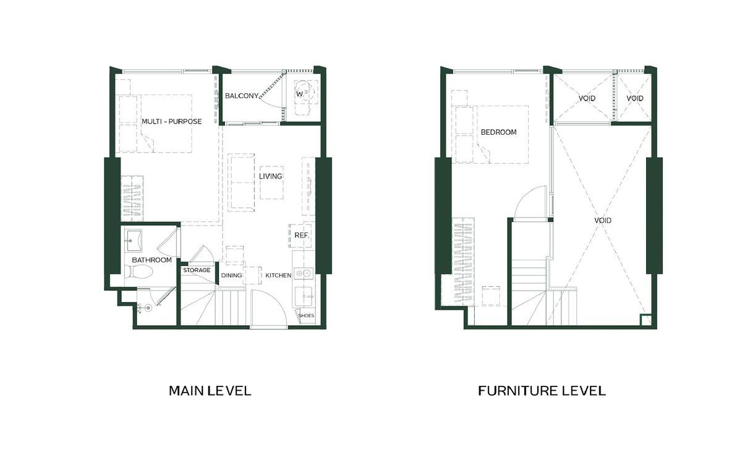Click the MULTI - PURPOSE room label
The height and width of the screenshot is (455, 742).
[172, 122]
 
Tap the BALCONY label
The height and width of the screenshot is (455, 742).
[242, 96]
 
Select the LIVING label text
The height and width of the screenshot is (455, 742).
[271, 176]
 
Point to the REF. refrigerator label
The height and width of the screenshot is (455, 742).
[302, 236]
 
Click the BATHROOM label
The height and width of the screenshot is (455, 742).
[151, 260]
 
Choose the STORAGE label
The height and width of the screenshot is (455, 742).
[197, 270]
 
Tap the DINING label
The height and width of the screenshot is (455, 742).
[231, 275]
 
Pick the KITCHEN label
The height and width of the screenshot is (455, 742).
[278, 275]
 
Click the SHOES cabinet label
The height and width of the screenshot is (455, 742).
[306, 315]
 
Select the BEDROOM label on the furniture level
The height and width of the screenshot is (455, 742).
[498, 132]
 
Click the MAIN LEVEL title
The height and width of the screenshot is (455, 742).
[210, 391]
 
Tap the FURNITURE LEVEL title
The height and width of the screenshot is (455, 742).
[542, 391]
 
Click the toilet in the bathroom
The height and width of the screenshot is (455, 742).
[139, 273]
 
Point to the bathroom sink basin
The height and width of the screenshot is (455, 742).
[134, 240]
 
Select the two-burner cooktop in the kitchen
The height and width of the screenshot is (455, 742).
[304, 273]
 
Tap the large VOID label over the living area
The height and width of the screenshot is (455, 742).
[602, 221]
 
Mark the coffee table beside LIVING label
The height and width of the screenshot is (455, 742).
[271, 182]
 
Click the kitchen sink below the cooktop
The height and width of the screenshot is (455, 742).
[304, 297]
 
